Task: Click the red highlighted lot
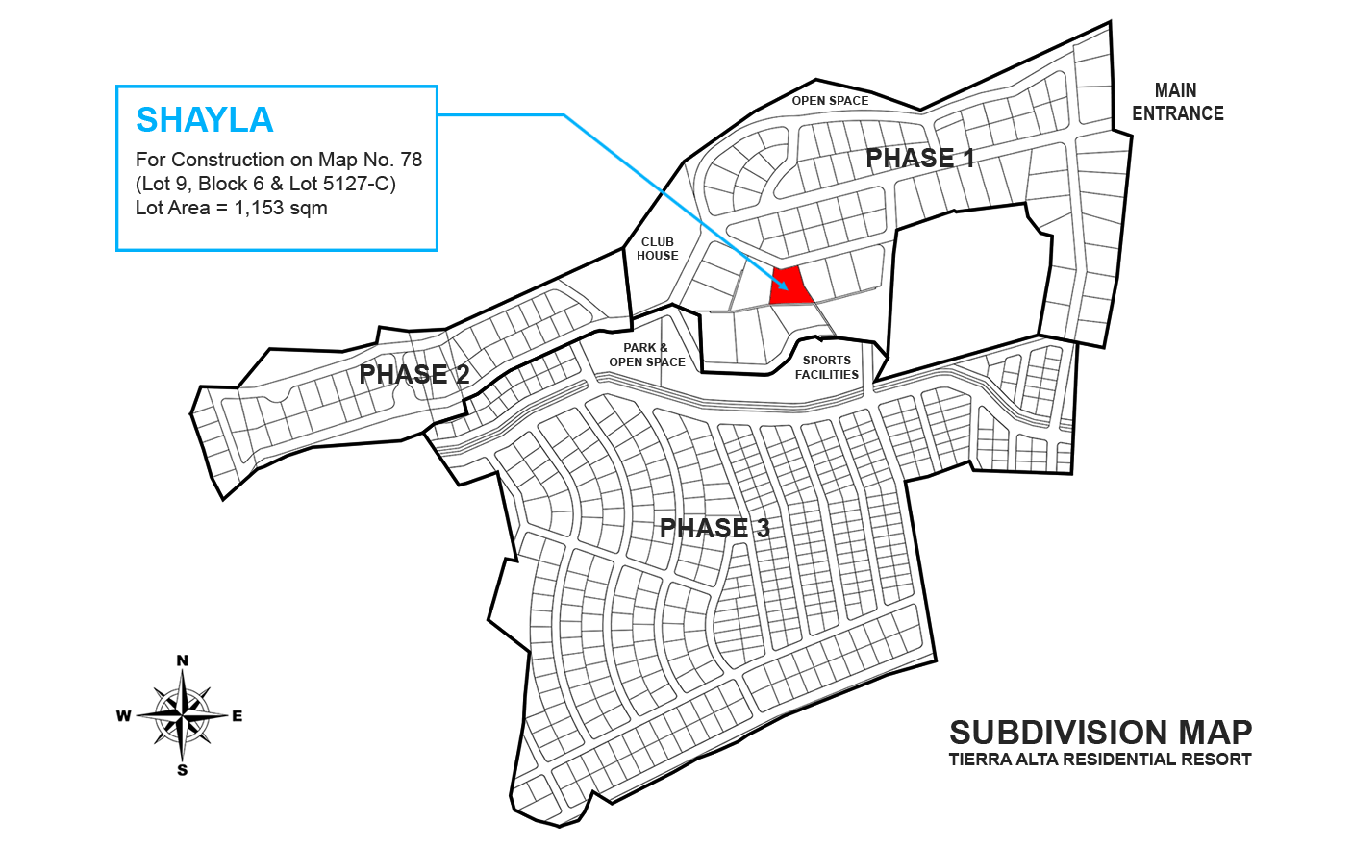point(791,287)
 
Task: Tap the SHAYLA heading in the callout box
point(205,120)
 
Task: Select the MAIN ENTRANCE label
point(1177,102)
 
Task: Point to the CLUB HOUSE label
point(658,249)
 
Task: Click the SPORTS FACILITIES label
point(827,367)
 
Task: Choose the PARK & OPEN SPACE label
point(646,355)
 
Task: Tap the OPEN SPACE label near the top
point(830,100)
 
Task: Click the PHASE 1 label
point(920,158)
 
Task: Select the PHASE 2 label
point(414,374)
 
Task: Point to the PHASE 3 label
point(714,527)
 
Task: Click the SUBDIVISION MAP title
point(1100,733)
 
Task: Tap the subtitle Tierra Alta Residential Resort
point(1099,760)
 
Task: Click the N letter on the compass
point(182,660)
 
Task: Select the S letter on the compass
point(182,770)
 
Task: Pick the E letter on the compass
point(238,715)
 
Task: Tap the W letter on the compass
point(124,715)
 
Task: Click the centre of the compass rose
point(182,715)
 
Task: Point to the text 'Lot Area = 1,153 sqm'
point(231,208)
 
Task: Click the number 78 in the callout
point(411,160)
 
